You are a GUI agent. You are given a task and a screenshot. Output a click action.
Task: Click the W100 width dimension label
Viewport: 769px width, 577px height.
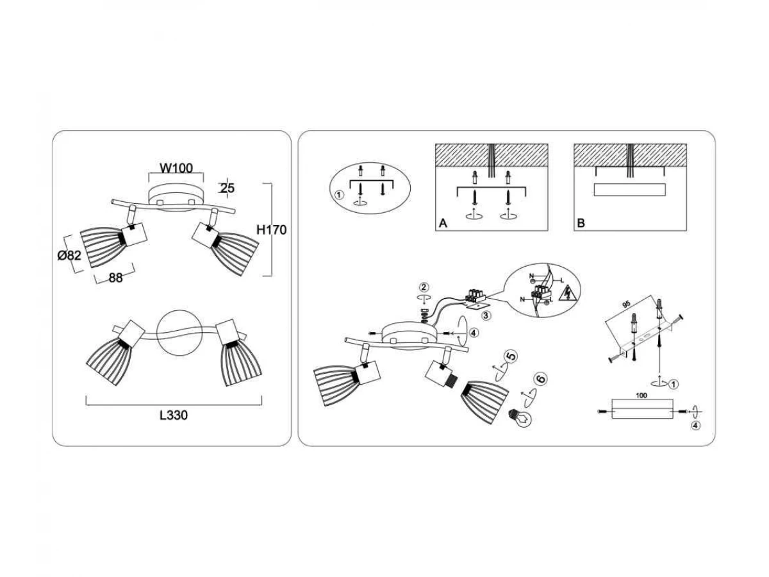tap(176, 169)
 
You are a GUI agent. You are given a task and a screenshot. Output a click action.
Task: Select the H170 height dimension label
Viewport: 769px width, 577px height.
tap(270, 230)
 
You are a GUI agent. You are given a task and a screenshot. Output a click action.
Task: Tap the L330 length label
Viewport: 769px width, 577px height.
tap(173, 415)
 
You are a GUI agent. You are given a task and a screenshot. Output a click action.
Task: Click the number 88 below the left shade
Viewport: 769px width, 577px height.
tap(115, 278)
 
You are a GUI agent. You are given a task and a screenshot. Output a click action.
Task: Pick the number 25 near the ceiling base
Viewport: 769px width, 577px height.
tap(227, 188)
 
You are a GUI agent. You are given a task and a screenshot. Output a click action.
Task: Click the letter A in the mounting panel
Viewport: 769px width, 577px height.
tap(442, 223)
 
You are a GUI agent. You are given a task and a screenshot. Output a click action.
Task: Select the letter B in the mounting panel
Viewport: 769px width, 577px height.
tap(581, 223)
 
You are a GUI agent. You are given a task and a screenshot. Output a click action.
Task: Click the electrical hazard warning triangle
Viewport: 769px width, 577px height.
tap(566, 294)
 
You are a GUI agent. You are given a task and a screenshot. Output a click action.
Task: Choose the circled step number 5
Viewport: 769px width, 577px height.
tap(511, 357)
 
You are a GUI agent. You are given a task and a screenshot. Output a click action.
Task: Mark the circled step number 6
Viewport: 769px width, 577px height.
tap(541, 380)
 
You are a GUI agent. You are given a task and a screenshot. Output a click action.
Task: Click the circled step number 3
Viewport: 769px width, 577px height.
tap(487, 315)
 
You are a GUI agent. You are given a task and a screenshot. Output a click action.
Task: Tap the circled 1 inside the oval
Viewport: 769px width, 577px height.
tap(339, 195)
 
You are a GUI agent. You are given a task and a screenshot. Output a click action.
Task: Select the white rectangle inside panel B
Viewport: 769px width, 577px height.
tap(630, 189)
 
